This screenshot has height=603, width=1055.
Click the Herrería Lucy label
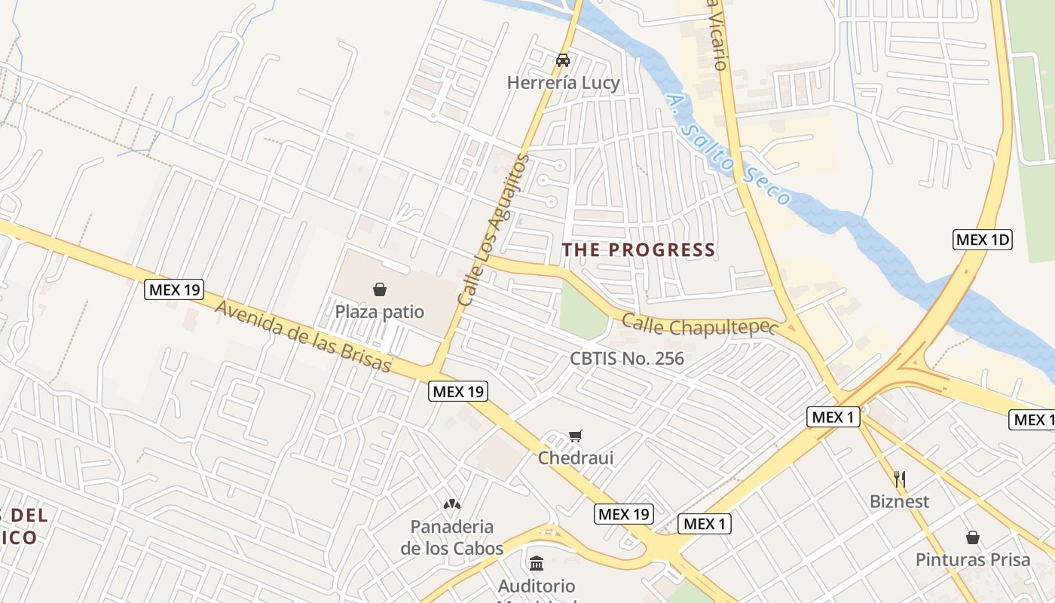point(563,83)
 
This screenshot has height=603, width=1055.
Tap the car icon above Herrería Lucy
point(563,60)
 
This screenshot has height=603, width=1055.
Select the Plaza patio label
point(380,312)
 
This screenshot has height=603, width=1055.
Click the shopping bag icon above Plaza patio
point(380,289)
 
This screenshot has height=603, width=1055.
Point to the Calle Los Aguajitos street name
point(494,230)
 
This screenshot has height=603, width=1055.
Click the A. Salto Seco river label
point(728,151)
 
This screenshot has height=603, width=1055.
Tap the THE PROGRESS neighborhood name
point(638,250)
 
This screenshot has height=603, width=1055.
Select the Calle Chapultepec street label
point(699,326)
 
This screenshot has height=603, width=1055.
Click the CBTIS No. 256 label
point(627,359)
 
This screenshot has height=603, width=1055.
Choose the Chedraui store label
point(576,458)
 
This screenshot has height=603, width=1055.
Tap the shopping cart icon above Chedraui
point(576,435)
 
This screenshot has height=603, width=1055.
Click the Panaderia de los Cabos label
point(452,537)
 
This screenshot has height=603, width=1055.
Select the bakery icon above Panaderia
point(452,504)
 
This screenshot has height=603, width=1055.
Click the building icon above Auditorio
point(537,563)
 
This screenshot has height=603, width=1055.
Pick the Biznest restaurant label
point(899,502)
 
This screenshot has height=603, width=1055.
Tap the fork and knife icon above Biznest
point(899,479)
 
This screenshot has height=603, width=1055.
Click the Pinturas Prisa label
point(973,560)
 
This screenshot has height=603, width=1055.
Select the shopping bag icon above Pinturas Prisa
point(973,537)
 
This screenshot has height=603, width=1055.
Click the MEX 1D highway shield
point(982,240)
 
